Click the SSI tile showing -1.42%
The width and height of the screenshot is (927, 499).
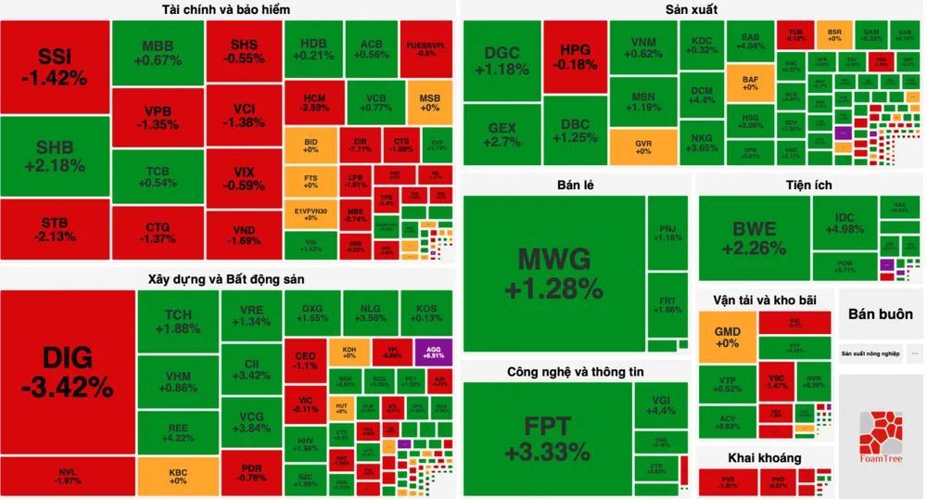pyautogui.click(x=55, y=66)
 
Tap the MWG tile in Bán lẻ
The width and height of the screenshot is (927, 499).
pyautogui.click(x=553, y=274)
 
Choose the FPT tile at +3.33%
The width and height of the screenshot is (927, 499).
pyautogui.click(x=548, y=438)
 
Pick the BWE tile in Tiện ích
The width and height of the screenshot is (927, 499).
pyautogui.click(x=752, y=238)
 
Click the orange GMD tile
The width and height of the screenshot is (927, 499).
pyautogui.click(x=726, y=336)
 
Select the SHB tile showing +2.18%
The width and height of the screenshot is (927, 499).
pyautogui.click(x=55, y=156)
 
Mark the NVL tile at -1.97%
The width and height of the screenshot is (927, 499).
pyautogui.click(x=68, y=475)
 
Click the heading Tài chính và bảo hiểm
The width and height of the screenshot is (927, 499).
pyautogui.click(x=225, y=10)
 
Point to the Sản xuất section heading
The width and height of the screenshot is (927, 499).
pyautogui.click(x=691, y=10)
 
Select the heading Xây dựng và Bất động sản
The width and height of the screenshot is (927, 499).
pyautogui.click(x=226, y=277)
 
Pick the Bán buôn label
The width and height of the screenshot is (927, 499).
pyautogui.click(x=880, y=313)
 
